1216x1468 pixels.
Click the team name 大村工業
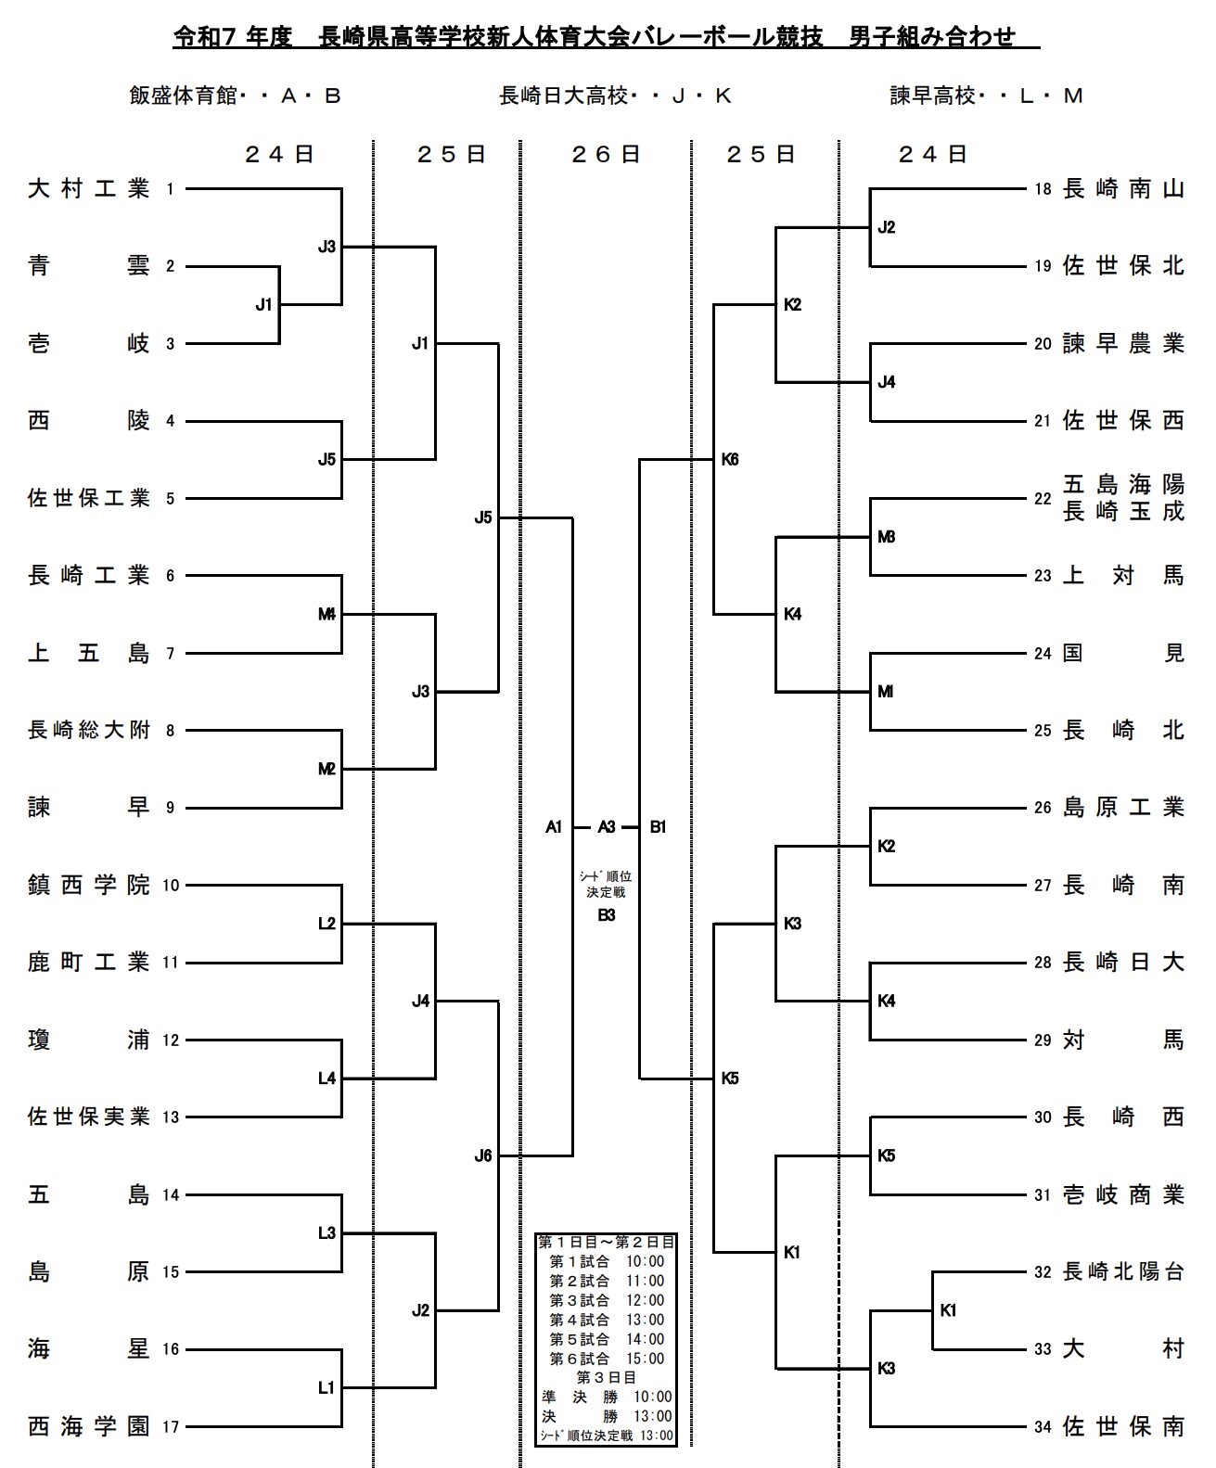click(88, 189)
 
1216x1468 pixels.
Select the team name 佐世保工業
click(88, 498)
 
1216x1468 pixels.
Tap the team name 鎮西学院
click(88, 885)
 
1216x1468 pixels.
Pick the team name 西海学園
click(88, 1426)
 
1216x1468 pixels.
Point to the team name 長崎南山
click(1123, 189)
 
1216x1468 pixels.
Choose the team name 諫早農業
click(1123, 344)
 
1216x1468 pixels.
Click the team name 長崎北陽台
click(1123, 1271)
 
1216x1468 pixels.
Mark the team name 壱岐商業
click(1123, 1194)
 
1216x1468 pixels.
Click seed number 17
click(171, 1426)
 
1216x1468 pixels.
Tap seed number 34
click(1043, 1426)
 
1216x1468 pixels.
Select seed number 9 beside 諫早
click(170, 808)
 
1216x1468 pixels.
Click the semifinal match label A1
click(554, 826)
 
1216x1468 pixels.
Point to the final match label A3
click(607, 826)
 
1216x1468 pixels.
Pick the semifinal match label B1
click(658, 826)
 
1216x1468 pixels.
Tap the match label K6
click(730, 459)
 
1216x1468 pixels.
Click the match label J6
click(483, 1155)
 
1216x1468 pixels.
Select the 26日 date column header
click(606, 154)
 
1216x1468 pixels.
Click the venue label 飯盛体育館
click(183, 96)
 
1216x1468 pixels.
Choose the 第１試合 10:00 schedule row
click(607, 1261)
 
